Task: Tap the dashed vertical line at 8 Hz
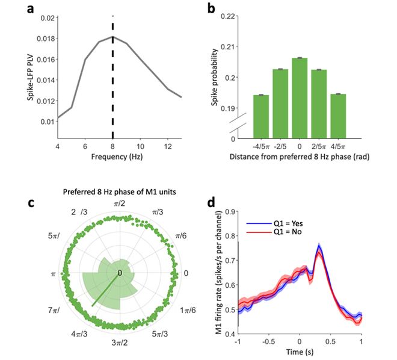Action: pos(112,78)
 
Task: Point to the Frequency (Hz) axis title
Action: pos(112,157)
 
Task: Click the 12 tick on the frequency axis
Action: pos(168,146)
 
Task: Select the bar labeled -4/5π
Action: pos(260,116)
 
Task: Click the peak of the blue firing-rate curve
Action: pos(319,246)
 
